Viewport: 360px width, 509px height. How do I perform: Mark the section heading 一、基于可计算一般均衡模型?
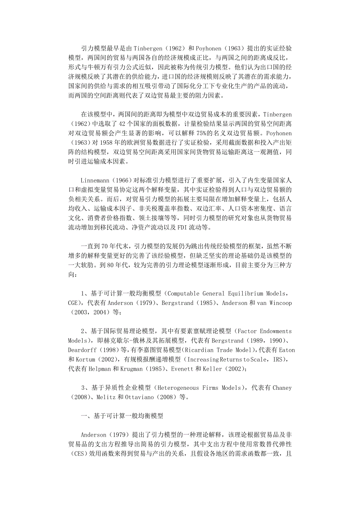click(x=122, y=416)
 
